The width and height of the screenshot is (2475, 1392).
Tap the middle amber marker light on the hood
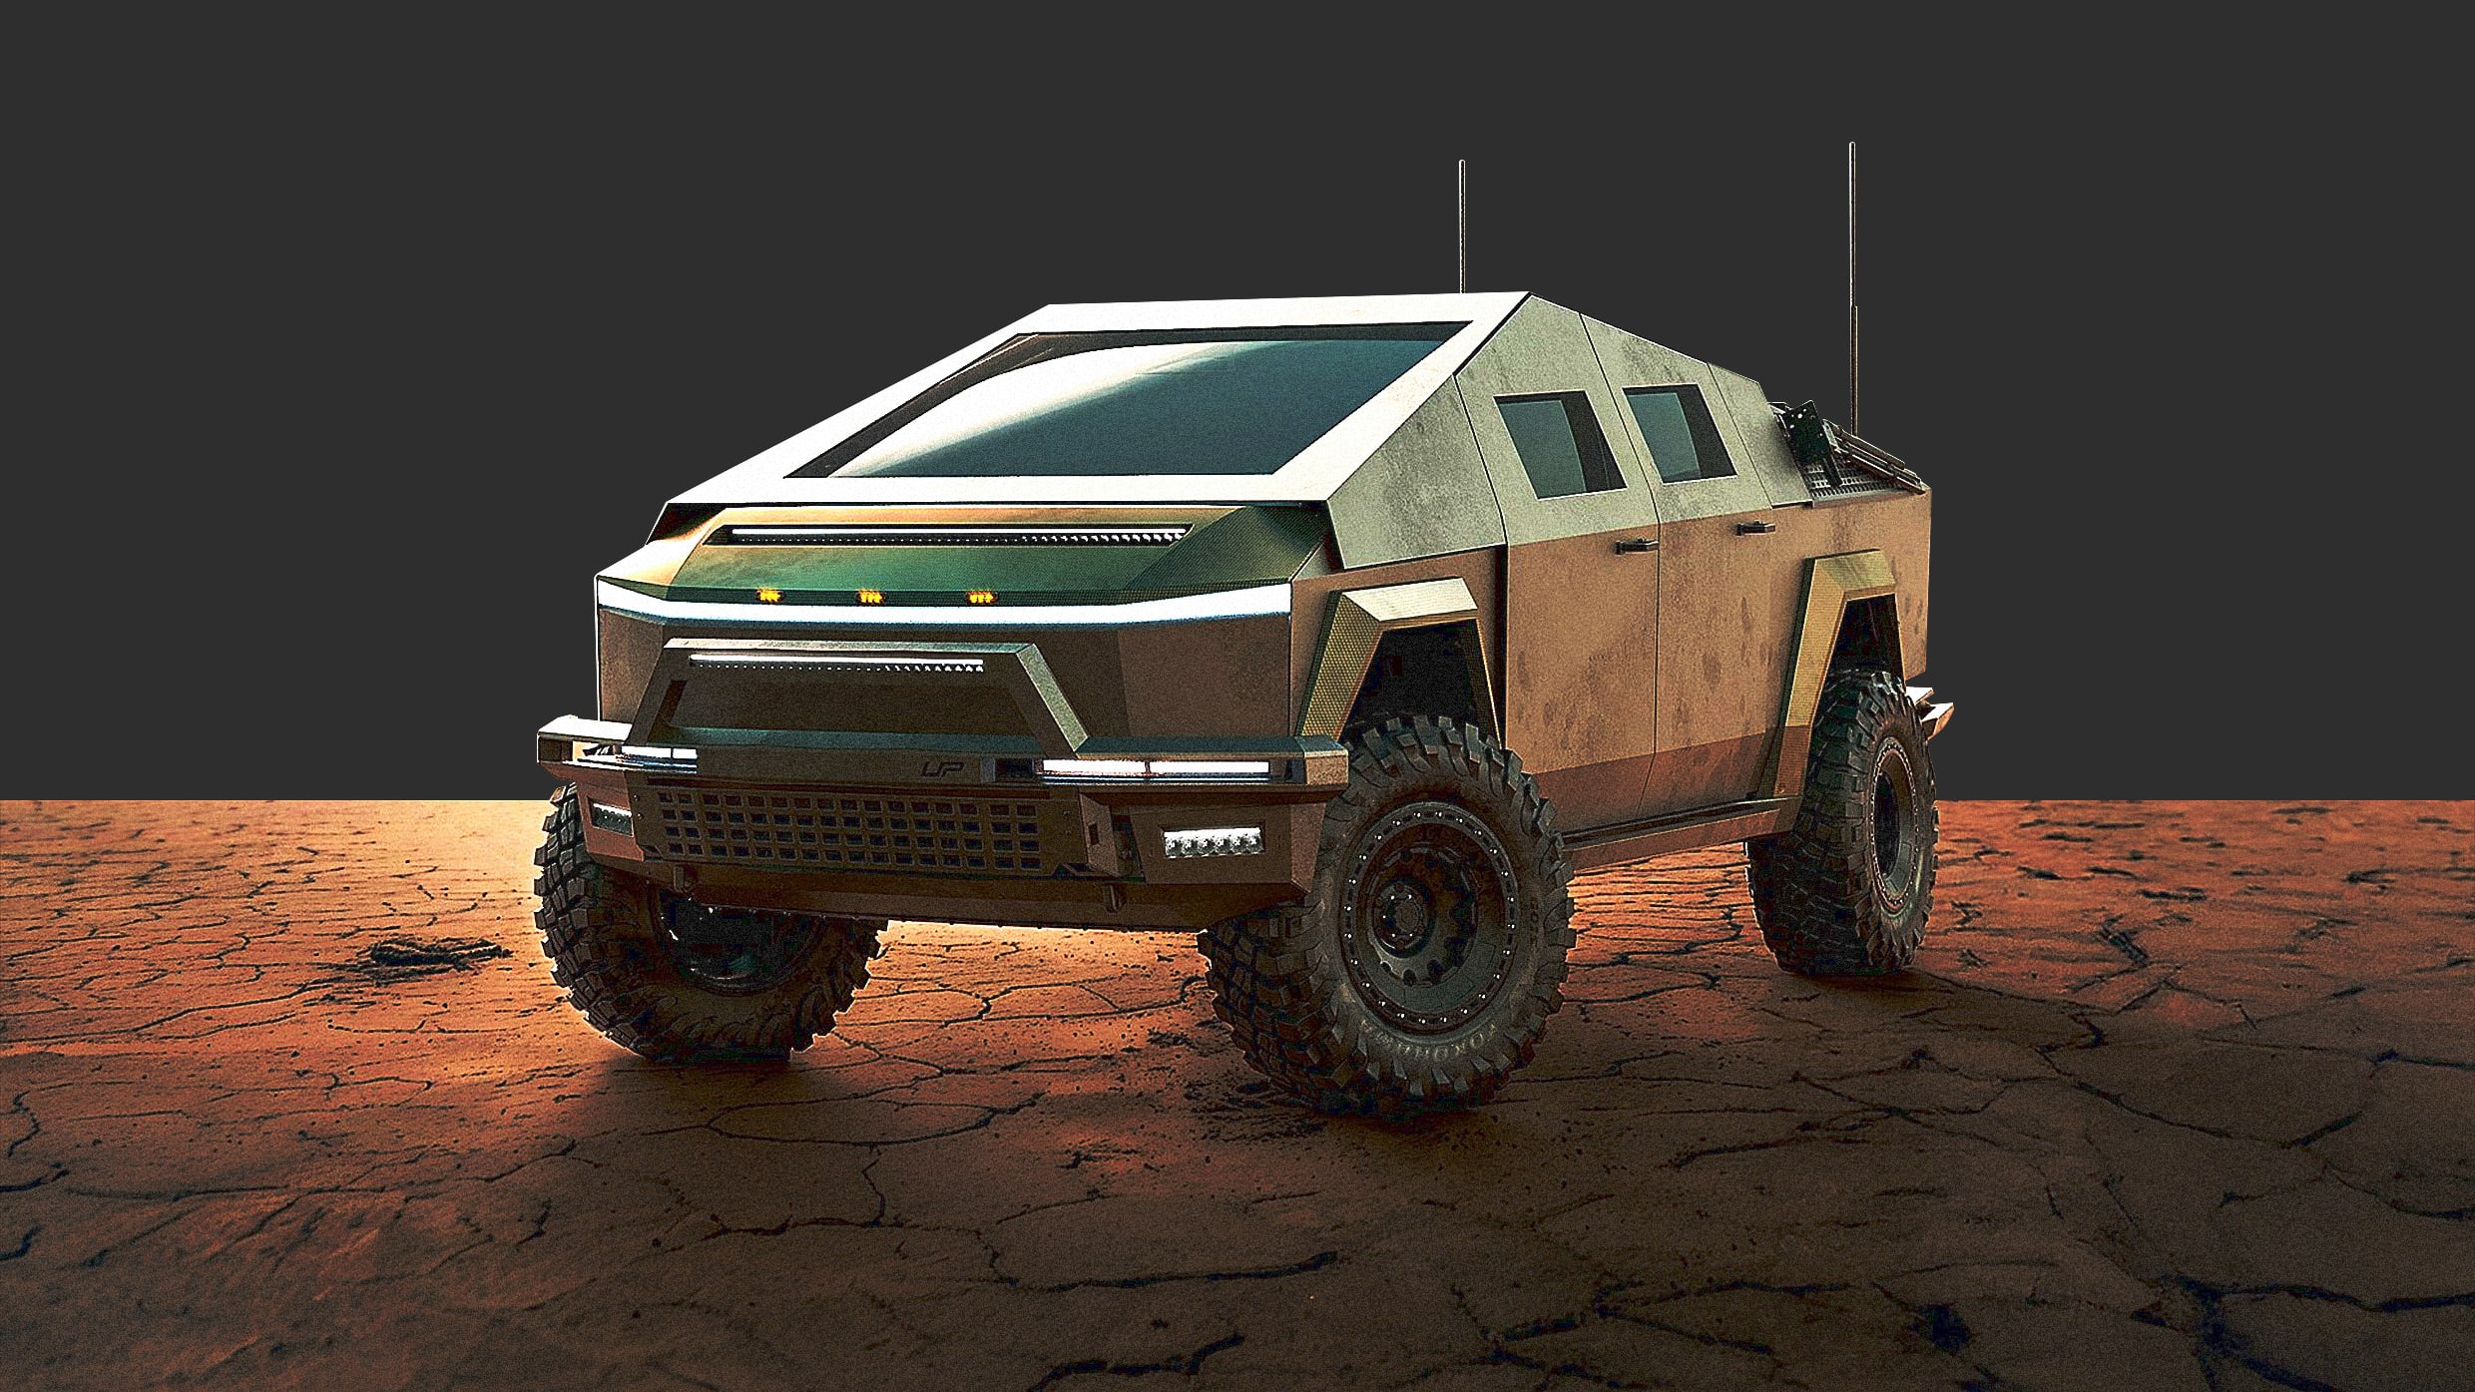pyautogui.click(x=870, y=596)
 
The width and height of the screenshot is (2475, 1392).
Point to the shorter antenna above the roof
pyautogui.click(x=1462, y=225)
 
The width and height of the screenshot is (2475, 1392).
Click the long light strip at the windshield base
pyautogui.click(x=958, y=536)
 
